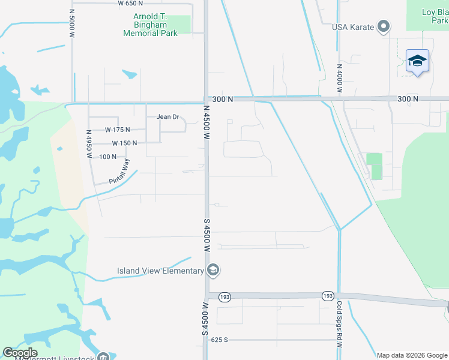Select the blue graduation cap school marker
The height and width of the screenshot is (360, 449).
(x=417, y=61)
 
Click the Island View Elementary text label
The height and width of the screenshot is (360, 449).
(x=160, y=271)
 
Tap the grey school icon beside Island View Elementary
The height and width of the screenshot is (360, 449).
(x=212, y=271)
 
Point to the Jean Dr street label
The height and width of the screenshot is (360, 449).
(x=168, y=117)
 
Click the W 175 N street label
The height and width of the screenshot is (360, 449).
(x=117, y=129)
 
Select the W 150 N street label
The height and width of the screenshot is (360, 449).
(x=124, y=143)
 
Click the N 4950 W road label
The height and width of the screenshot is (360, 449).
(x=89, y=144)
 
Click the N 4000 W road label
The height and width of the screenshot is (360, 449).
(x=339, y=77)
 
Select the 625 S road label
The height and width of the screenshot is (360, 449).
(x=220, y=340)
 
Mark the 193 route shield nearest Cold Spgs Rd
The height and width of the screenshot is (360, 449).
(x=327, y=296)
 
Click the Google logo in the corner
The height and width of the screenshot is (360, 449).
(x=20, y=353)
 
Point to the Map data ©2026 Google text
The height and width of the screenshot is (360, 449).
(x=412, y=355)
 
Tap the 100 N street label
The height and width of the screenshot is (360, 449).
(x=108, y=157)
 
